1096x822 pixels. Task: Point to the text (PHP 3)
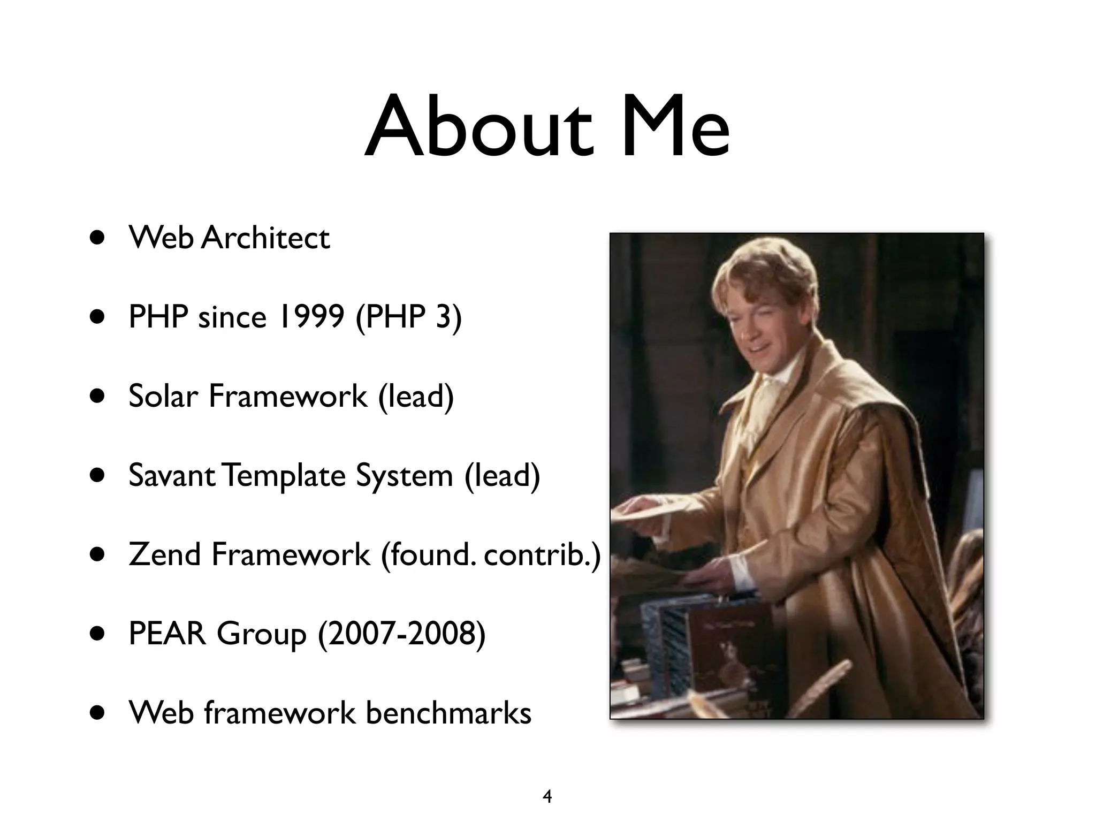coord(408,317)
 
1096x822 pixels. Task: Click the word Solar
coord(163,396)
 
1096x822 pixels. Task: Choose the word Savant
coord(172,475)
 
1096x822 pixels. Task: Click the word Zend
coord(165,554)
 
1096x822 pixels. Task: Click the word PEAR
coord(167,634)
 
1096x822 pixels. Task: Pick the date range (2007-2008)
coord(402,634)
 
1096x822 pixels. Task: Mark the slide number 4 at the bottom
coord(547,796)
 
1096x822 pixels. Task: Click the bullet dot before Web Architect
coord(98,238)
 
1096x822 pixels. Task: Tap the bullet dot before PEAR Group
coord(98,634)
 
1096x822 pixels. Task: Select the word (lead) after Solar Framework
coord(416,396)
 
